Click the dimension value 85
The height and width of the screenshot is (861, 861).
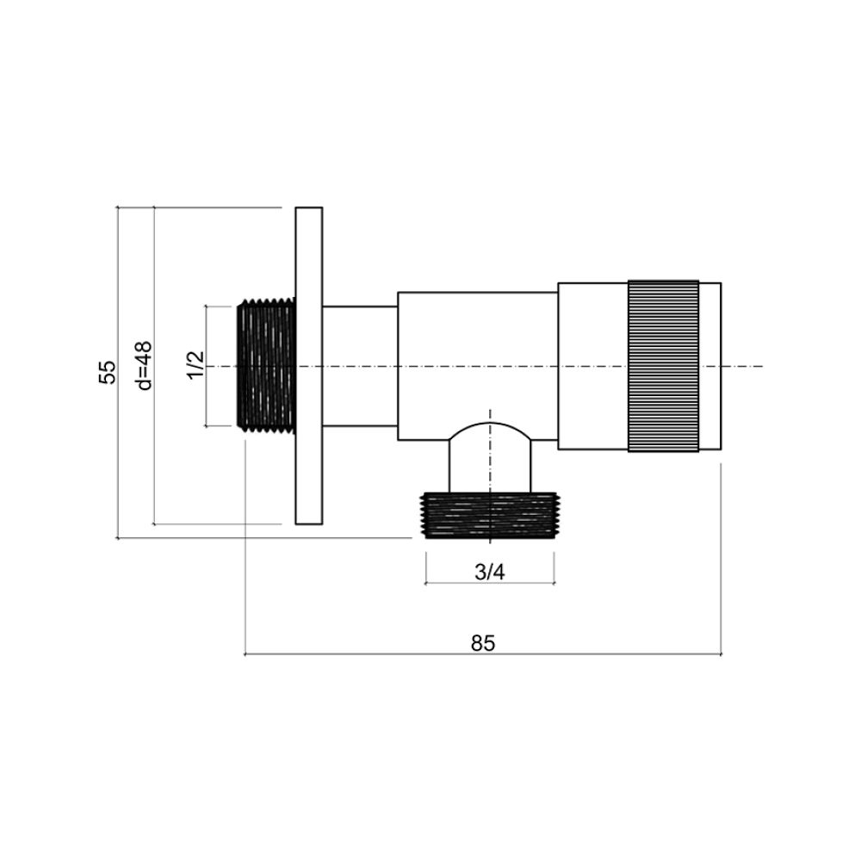click(483, 642)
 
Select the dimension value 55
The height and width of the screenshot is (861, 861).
click(106, 372)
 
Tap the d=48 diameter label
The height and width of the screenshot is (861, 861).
click(144, 365)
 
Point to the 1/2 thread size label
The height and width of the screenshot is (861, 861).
click(195, 364)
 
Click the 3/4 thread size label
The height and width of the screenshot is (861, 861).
click(489, 573)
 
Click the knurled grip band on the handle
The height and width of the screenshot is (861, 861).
click(663, 366)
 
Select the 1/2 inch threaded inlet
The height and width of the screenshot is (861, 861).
click(265, 365)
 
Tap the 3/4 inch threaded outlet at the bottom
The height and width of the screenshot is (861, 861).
click(489, 515)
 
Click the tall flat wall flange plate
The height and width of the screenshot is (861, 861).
click(308, 365)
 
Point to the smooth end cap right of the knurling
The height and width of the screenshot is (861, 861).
click(709, 366)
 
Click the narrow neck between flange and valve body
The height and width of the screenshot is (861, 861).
click(360, 366)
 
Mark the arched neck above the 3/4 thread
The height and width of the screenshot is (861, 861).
click(489, 456)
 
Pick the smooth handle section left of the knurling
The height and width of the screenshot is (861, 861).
click(592, 366)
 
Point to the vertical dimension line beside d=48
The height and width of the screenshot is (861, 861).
click(153, 448)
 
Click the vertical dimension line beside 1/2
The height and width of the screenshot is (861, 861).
click(207, 396)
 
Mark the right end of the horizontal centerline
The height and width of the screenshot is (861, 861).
click(761, 366)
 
